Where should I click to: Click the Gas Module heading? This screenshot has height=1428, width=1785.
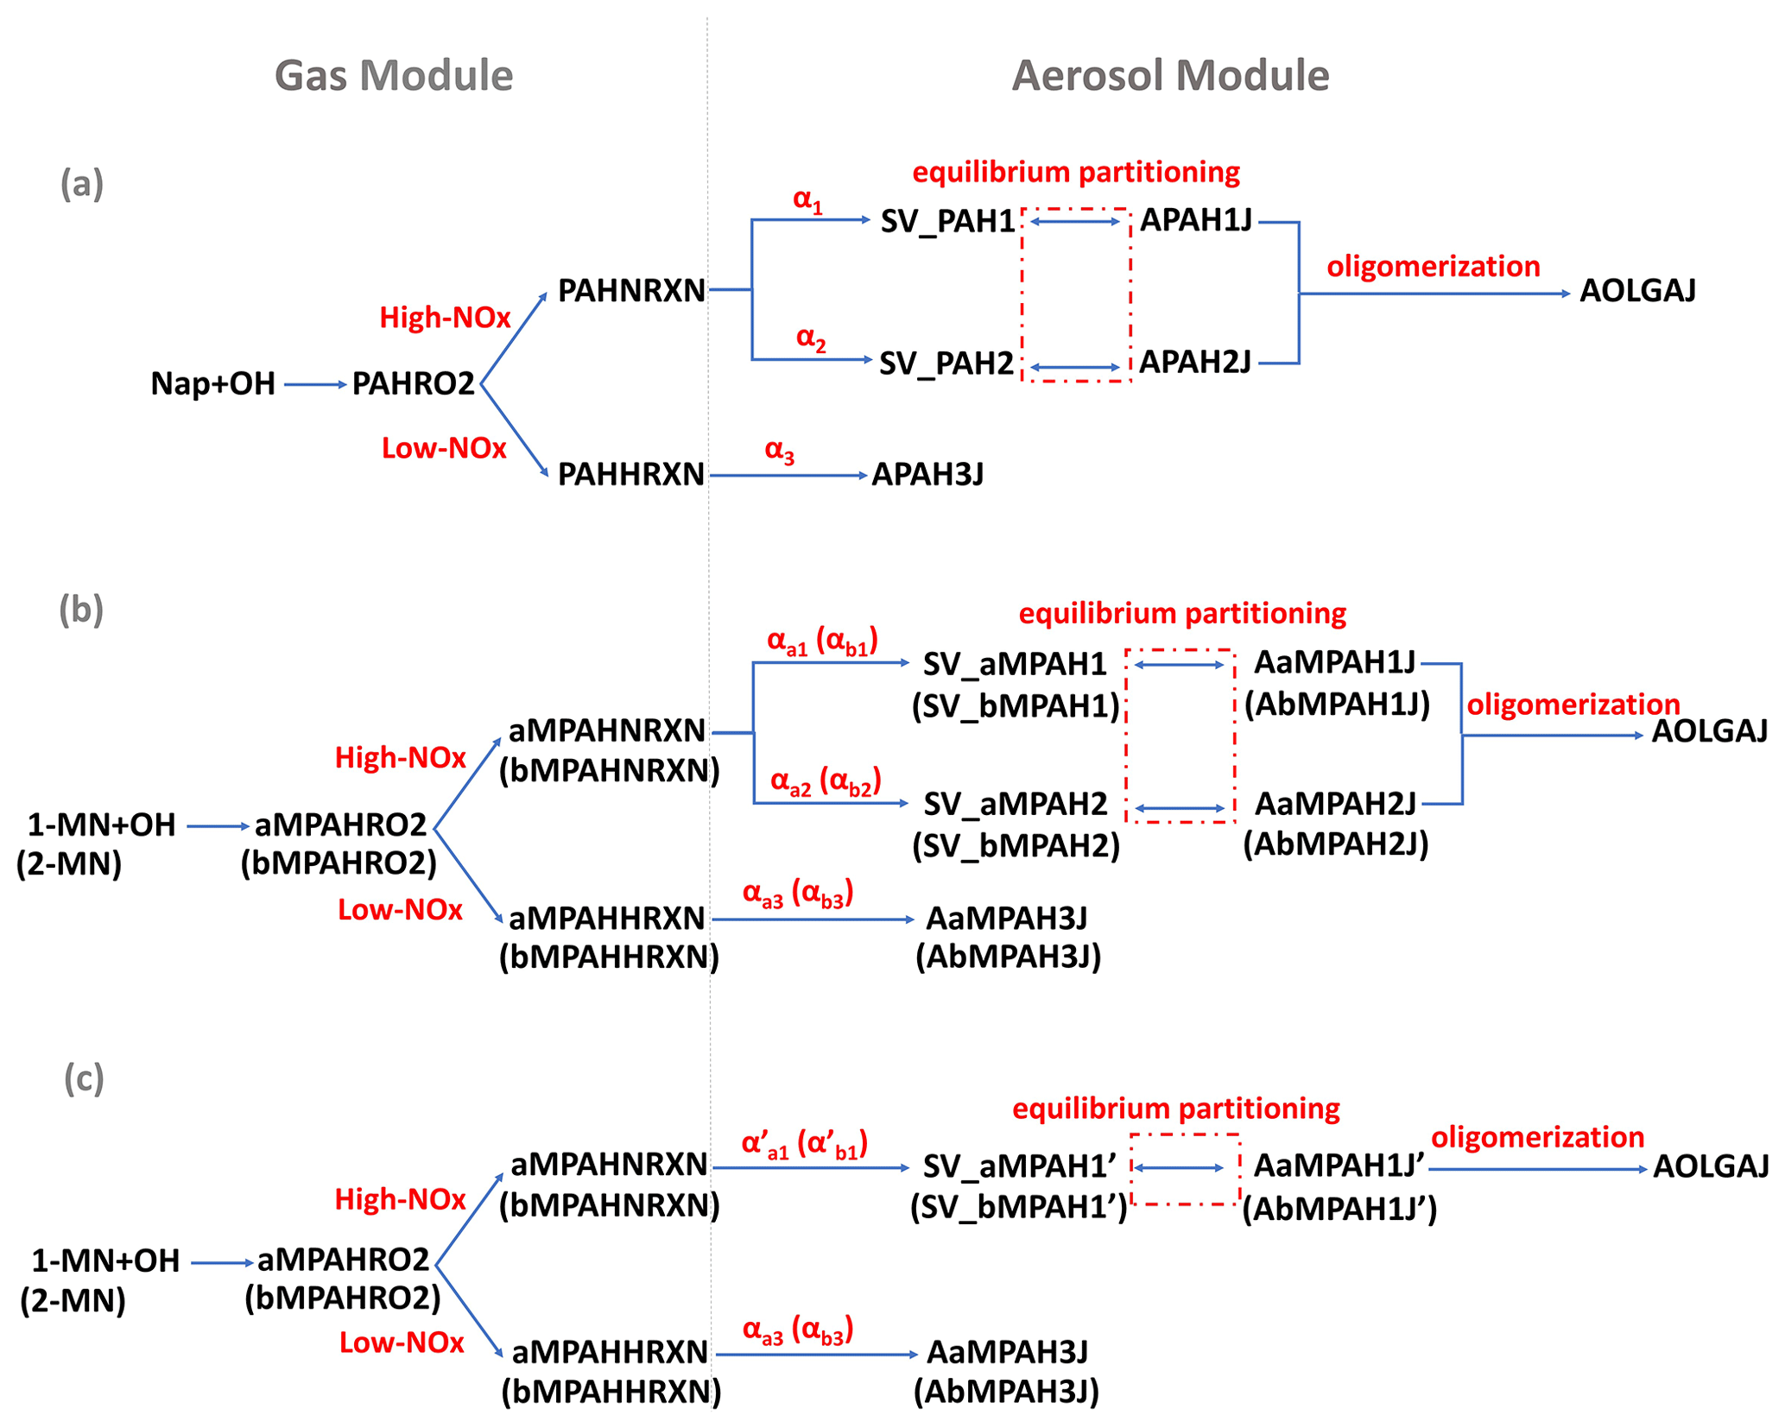pyautogui.click(x=394, y=76)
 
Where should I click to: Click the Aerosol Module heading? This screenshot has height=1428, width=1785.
pyautogui.click(x=1170, y=76)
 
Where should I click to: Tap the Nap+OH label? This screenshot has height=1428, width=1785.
pyautogui.click(x=212, y=383)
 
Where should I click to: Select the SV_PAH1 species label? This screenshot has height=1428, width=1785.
pyautogui.click(x=947, y=222)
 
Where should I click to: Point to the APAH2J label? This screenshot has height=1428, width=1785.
pyautogui.click(x=1195, y=363)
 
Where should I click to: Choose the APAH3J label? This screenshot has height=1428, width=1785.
pyautogui.click(x=927, y=474)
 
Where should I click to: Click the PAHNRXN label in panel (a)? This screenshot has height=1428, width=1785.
pyautogui.click(x=631, y=291)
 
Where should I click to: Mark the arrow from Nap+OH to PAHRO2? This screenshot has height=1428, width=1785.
pyautogui.click(x=314, y=384)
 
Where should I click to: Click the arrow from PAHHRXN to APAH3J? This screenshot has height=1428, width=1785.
pyautogui.click(x=788, y=476)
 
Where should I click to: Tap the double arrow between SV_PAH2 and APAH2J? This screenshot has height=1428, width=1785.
pyautogui.click(x=1075, y=368)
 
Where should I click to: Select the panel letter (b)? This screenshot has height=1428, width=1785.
pyautogui.click(x=81, y=610)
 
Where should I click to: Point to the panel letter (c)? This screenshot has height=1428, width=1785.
pyautogui.click(x=84, y=1078)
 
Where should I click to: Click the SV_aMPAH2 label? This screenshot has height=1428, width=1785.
pyautogui.click(x=1016, y=805)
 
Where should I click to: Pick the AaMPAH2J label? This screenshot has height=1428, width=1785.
pyautogui.click(x=1335, y=805)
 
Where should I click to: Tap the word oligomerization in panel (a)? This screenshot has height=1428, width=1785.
pyautogui.click(x=1434, y=267)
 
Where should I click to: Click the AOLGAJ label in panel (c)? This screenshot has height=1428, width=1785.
pyautogui.click(x=1711, y=1167)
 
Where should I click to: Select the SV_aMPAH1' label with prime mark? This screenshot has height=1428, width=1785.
pyautogui.click(x=1020, y=1167)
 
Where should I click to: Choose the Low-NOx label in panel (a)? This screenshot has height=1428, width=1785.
pyautogui.click(x=444, y=449)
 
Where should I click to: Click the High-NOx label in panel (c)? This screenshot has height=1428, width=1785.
pyautogui.click(x=400, y=1200)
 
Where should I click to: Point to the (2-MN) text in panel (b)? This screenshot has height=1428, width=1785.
pyautogui.click(x=69, y=864)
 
